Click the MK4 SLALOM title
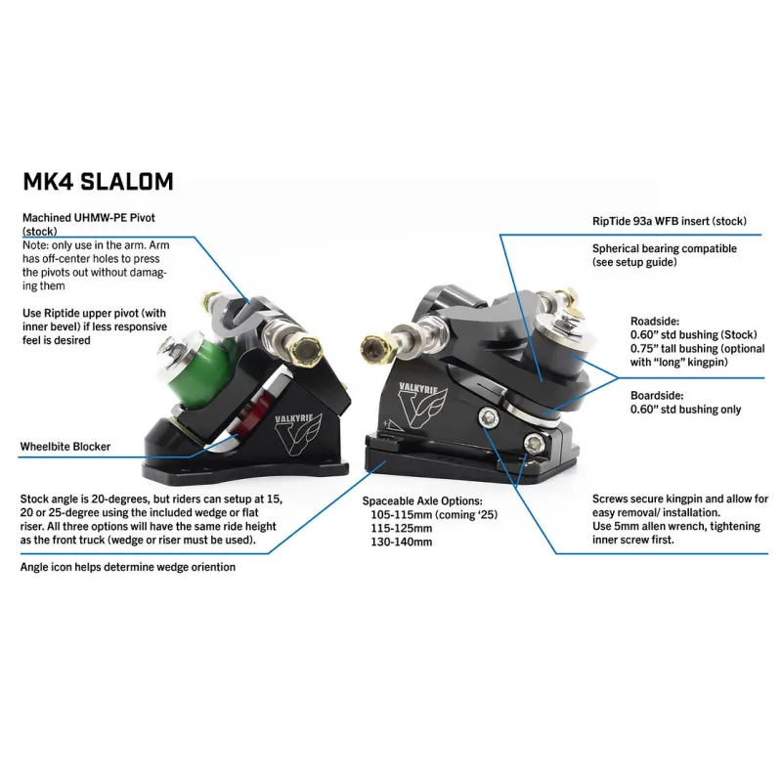coord(98,182)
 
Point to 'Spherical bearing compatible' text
coord(664,249)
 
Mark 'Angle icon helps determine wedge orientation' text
coord(127,566)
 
